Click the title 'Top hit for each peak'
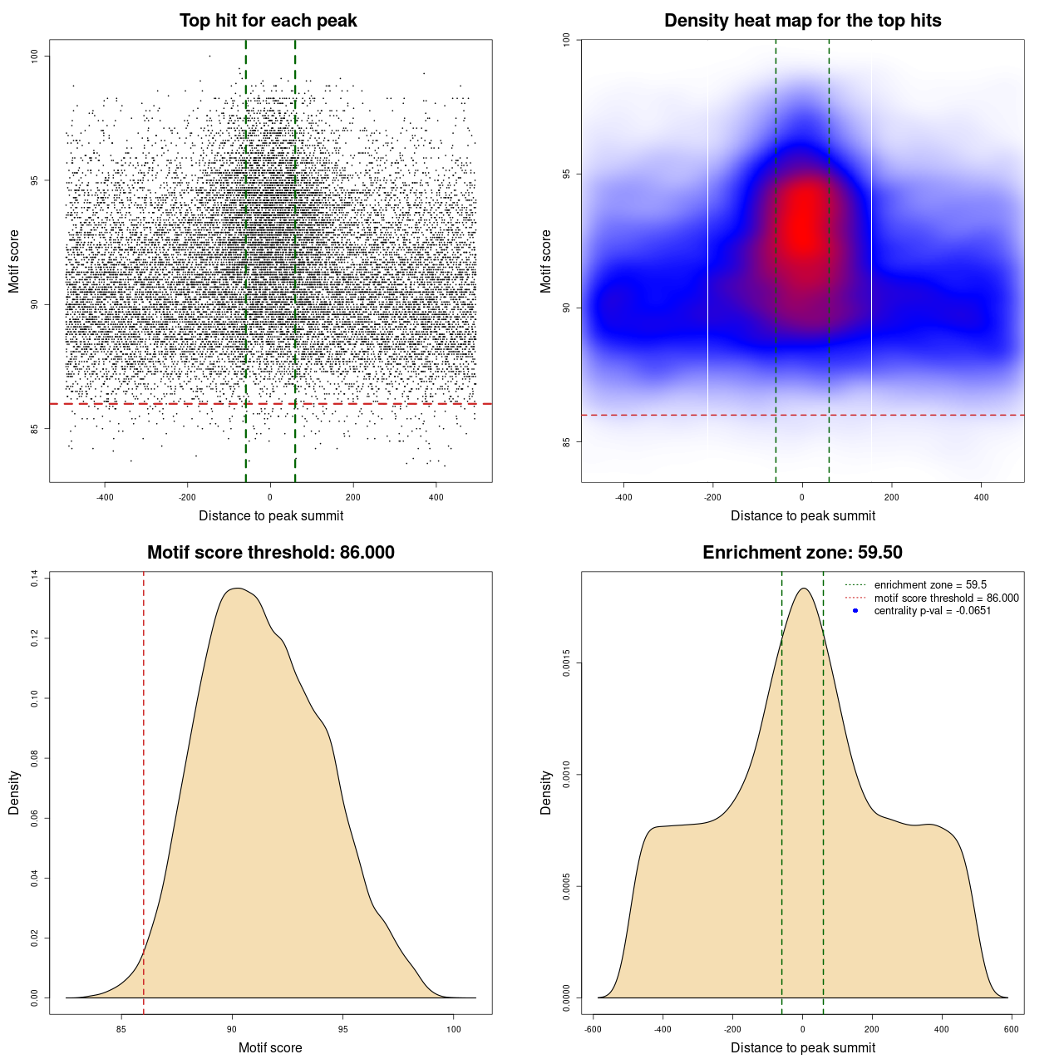tap(268, 21)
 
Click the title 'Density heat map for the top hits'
tap(802, 21)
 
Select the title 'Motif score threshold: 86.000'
tap(270, 553)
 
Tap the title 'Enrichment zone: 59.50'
tap(802, 553)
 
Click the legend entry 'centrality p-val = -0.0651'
tap(932, 611)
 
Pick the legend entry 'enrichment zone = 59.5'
tap(930, 585)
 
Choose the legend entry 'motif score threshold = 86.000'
tap(946, 598)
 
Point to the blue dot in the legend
tap(855, 611)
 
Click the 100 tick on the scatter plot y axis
tap(35, 56)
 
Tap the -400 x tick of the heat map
tap(623, 497)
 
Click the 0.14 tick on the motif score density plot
tap(35, 579)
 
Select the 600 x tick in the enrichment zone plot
tap(1011, 1029)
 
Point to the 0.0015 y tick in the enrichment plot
tap(567, 664)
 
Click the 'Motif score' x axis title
tap(270, 1047)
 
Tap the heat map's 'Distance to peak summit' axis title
tap(802, 515)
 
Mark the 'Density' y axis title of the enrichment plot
tap(546, 792)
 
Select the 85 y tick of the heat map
tap(567, 441)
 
